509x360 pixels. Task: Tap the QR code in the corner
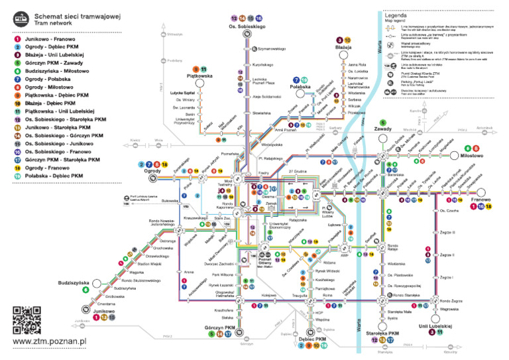[x=27, y=320]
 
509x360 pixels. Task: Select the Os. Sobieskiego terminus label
[x=247, y=26]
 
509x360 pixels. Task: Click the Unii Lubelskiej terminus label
[x=435, y=326]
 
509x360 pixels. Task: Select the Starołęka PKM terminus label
[x=383, y=333]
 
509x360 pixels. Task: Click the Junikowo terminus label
[x=103, y=310]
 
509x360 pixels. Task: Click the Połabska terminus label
[x=300, y=87]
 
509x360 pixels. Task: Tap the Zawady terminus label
[x=383, y=130]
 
